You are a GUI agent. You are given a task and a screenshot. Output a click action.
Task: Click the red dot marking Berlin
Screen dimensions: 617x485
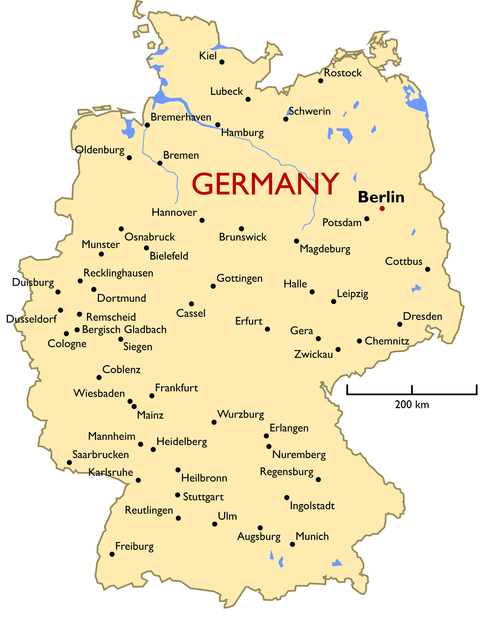click(x=382, y=208)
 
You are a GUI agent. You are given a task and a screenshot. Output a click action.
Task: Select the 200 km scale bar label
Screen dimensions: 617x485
click(x=412, y=405)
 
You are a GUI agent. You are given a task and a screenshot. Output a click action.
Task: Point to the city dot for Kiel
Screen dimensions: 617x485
click(x=222, y=62)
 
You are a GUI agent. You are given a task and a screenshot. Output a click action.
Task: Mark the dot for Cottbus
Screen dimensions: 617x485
click(x=428, y=269)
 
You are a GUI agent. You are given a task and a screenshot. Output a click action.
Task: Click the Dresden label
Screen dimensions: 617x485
click(x=423, y=316)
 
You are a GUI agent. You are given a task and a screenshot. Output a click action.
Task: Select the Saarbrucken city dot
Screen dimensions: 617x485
click(x=69, y=462)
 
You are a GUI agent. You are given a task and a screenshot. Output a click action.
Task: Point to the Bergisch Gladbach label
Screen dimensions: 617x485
click(x=124, y=330)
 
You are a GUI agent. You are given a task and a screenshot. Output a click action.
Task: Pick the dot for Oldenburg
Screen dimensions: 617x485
click(x=129, y=158)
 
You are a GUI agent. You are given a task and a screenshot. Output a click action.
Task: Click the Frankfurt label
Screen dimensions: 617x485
click(x=176, y=388)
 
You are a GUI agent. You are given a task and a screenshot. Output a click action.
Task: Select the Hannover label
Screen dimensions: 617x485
click(x=174, y=212)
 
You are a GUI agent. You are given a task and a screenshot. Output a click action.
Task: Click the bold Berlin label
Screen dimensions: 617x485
click(x=381, y=197)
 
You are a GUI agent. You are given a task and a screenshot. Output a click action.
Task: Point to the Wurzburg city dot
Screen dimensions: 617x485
click(x=214, y=422)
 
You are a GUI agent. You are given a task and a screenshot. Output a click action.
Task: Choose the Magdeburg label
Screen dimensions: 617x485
click(x=325, y=249)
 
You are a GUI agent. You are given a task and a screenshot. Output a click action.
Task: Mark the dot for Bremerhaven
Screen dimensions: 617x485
click(x=147, y=125)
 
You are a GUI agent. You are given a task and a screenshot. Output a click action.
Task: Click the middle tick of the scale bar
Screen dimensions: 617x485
click(x=412, y=390)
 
